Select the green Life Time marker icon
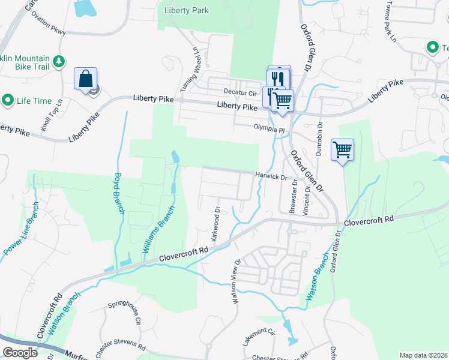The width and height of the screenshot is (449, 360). (x=8, y=100)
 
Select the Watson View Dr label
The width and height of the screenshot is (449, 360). (x=236, y=281)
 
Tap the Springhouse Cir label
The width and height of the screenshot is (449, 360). (x=124, y=313)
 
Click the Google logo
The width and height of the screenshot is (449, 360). (x=20, y=353)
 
